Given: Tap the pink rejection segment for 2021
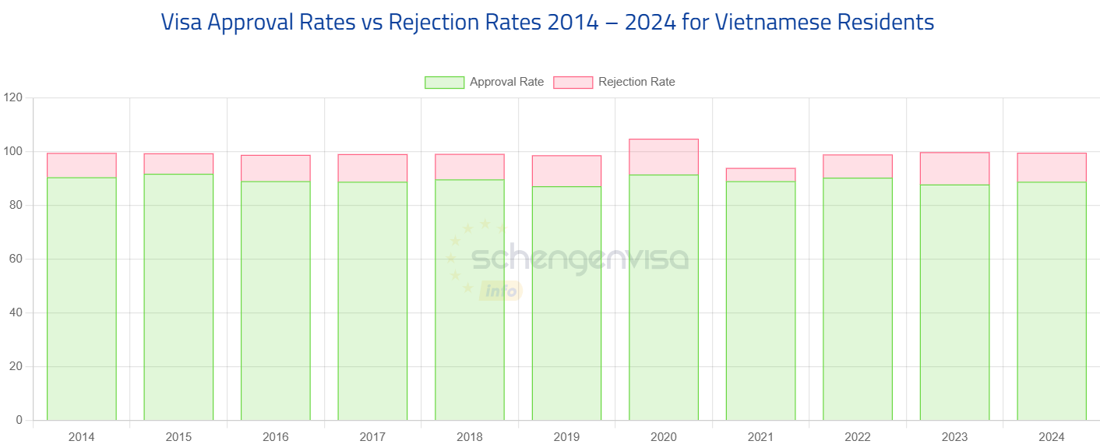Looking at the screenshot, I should (x=760, y=174).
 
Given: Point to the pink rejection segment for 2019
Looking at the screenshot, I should (x=566, y=171).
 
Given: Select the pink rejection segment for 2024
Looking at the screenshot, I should (x=1052, y=168).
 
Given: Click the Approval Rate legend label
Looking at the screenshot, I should (x=506, y=82).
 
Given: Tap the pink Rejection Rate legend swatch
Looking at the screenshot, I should (x=573, y=83).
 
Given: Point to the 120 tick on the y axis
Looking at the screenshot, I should (x=13, y=97).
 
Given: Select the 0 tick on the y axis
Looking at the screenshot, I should (x=19, y=420).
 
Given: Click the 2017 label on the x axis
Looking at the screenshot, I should (x=372, y=437).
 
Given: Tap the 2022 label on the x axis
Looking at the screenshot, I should (x=858, y=437).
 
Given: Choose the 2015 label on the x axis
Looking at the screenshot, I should (x=178, y=437).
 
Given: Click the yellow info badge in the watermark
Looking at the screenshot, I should (x=501, y=291).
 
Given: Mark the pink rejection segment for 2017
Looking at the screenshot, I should (x=372, y=168).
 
